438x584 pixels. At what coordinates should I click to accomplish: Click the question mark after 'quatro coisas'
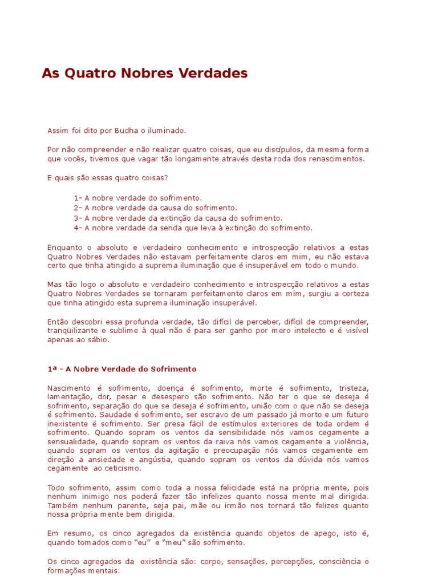point(166,177)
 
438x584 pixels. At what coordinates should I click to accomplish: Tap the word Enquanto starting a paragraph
point(64,248)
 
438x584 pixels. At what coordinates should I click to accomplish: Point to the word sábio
point(96,340)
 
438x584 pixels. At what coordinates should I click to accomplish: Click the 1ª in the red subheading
point(52,369)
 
